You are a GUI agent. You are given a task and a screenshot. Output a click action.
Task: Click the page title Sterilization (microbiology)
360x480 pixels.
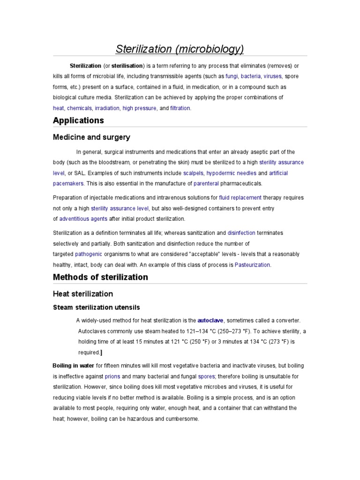tap(180, 49)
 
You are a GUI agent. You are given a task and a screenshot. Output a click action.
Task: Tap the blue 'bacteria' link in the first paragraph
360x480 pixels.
tap(251, 76)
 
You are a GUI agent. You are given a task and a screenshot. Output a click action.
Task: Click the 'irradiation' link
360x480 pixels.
tap(107, 108)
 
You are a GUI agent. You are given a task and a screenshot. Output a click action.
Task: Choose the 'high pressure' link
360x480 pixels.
tap(139, 108)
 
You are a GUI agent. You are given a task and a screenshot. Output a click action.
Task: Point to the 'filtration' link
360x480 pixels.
tap(180, 108)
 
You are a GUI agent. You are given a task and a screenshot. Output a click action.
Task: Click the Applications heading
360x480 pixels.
tap(78, 120)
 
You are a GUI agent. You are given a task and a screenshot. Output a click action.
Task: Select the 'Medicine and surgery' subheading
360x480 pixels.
tap(91, 137)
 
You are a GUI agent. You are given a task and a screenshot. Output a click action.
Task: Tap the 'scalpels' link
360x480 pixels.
tap(194, 173)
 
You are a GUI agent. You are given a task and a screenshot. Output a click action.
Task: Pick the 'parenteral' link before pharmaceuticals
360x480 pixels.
tap(206, 184)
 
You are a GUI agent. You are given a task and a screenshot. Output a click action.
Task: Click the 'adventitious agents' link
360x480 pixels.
tap(83, 219)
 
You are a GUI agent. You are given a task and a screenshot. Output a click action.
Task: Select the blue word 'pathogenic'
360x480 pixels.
tap(89, 254)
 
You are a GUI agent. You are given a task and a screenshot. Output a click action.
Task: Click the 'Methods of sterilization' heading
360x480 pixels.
tap(100, 277)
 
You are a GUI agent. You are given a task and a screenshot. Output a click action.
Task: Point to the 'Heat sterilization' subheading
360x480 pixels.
tap(83, 294)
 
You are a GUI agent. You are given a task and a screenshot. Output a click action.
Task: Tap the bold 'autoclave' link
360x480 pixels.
tap(211, 321)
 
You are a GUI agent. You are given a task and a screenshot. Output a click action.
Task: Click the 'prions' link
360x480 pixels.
tap(112, 376)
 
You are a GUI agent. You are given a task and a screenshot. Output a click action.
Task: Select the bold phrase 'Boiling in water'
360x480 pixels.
tap(74, 366)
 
